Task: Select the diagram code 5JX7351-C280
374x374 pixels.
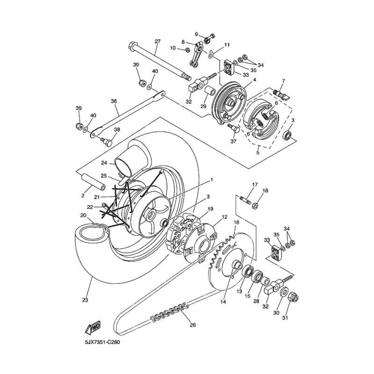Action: point(102,343)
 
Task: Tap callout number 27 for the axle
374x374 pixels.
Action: point(158,42)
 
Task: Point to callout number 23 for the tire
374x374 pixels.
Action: point(85,300)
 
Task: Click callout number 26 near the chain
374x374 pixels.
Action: point(193,324)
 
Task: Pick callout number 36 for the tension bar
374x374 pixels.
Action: point(114,101)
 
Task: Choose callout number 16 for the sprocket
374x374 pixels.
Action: point(237,223)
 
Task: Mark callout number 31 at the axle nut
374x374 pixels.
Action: point(285,317)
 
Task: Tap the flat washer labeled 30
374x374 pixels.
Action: point(284,292)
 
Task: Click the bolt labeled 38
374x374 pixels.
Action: point(106,141)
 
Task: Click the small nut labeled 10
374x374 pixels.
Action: point(187,50)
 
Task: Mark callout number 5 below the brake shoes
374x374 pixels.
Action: point(258,152)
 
